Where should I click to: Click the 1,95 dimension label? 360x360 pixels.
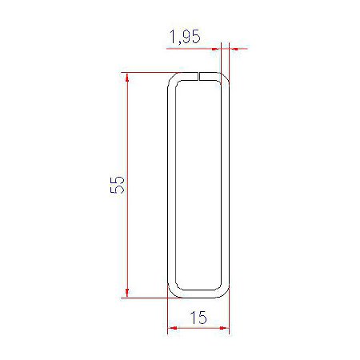[x=185, y=37]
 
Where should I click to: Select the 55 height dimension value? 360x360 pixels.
[x=118, y=185]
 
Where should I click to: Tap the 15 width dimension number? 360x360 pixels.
[x=198, y=318]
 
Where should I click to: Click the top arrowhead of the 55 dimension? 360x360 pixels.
[x=127, y=77]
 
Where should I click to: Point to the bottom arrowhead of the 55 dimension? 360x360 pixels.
[x=127, y=293]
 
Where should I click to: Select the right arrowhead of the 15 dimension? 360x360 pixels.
[x=224, y=328]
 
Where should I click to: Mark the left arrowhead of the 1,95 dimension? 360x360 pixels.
[x=216, y=49]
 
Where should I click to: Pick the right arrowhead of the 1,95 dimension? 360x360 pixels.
[x=234, y=49]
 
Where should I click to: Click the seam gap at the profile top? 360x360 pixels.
[x=199, y=76]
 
